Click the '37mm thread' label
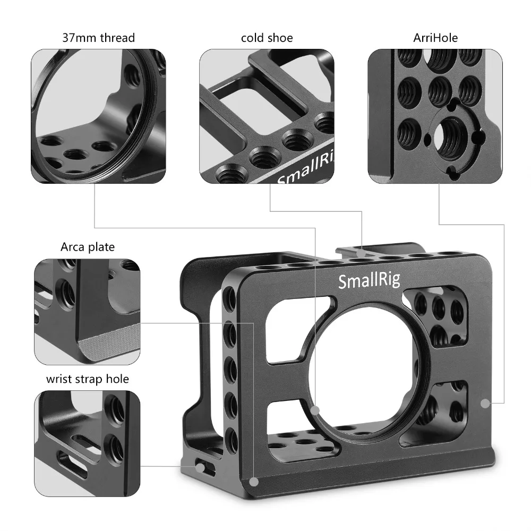click(x=99, y=38)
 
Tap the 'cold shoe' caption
click(x=267, y=38)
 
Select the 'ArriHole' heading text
click(x=435, y=38)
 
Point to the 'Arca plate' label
click(x=88, y=247)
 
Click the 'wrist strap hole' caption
click(x=88, y=379)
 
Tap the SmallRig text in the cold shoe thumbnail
click(x=303, y=173)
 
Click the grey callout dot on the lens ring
click(x=315, y=410)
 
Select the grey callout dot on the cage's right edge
click(x=484, y=404)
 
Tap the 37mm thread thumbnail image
click(x=98, y=116)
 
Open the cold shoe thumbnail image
click(x=267, y=116)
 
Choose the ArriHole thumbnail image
click(x=435, y=116)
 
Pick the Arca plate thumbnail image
click(x=88, y=311)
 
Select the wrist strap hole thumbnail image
click(x=88, y=443)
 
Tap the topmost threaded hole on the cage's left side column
click(x=230, y=295)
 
